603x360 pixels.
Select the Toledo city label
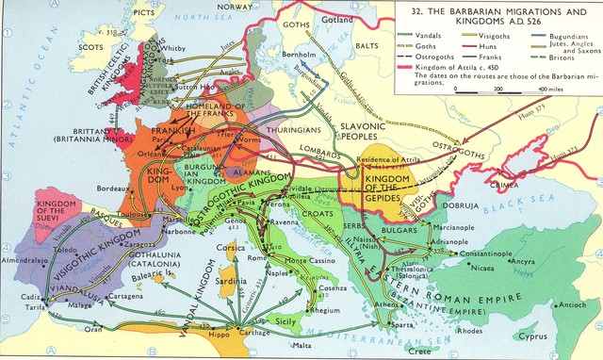(65, 253)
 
